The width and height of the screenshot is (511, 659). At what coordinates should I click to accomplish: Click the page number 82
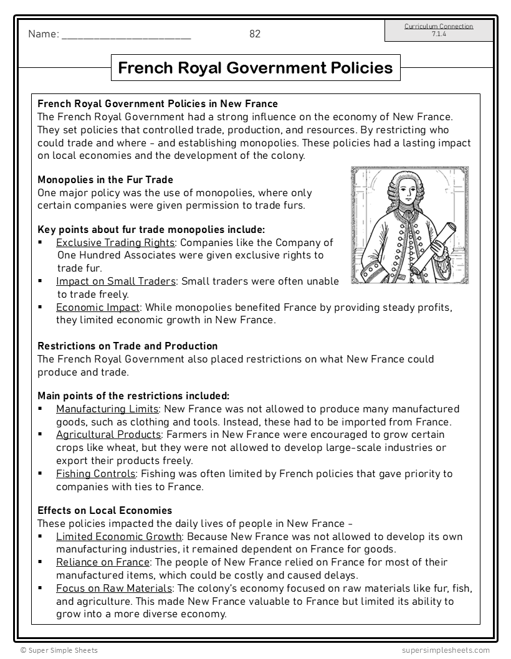click(x=255, y=34)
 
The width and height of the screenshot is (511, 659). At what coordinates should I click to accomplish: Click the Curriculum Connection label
click(x=438, y=27)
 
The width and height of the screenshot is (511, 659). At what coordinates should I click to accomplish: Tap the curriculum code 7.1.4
click(x=438, y=34)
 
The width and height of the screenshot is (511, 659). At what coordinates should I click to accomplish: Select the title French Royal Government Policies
click(x=255, y=67)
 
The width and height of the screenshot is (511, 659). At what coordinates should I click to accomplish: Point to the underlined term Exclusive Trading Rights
click(x=115, y=242)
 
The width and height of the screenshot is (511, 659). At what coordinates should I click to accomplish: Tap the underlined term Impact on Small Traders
click(x=115, y=282)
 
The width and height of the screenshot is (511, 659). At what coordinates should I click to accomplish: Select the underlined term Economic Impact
click(x=98, y=307)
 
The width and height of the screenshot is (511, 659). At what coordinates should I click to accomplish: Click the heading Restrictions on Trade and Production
click(x=127, y=346)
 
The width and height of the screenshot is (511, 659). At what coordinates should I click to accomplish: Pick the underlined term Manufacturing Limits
click(x=107, y=409)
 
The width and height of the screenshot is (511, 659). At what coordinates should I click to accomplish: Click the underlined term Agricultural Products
click(x=108, y=434)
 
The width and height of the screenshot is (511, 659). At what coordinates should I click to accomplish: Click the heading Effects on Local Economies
click(x=105, y=510)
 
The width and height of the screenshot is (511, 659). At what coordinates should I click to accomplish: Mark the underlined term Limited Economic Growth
click(x=118, y=536)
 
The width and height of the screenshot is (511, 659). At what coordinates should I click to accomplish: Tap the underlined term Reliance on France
click(x=102, y=562)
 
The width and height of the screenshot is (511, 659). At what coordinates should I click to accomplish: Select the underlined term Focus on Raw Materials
click(x=113, y=588)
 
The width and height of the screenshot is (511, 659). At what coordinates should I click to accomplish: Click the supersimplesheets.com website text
click(x=446, y=650)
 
